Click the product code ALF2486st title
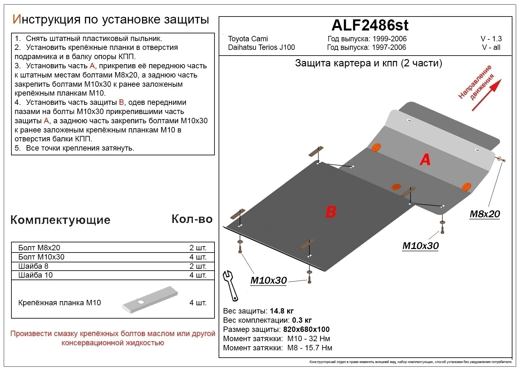(370, 25)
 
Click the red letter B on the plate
(331, 212)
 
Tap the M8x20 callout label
(484, 214)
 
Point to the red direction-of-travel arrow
(486, 95)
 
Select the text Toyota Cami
(248, 39)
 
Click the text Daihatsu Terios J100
(261, 47)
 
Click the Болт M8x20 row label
(39, 248)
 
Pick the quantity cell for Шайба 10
(198, 275)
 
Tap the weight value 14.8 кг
(282, 311)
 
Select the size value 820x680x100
(306, 329)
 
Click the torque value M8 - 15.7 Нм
(309, 348)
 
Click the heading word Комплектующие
(60, 220)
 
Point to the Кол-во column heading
(192, 219)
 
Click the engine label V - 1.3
(491, 39)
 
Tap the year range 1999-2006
(389, 39)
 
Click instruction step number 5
(18, 148)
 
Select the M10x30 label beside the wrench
(268, 280)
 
